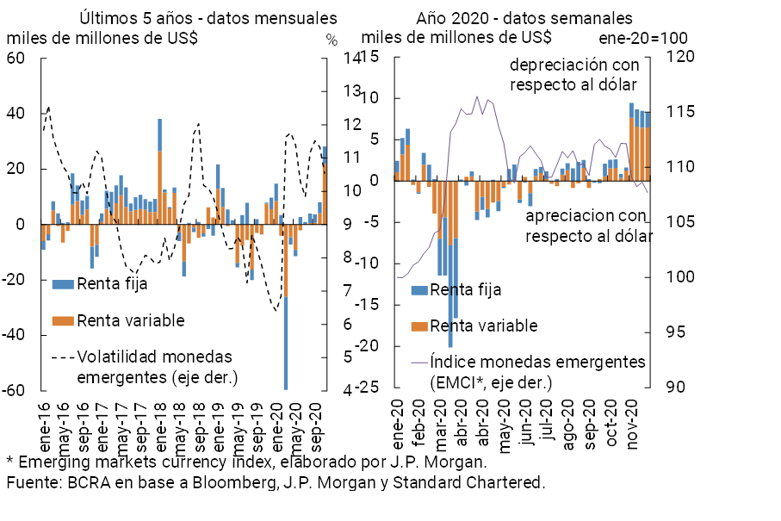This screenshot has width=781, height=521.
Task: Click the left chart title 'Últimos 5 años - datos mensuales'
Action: tap(208, 18)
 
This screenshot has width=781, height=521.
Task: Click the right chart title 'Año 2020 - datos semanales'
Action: tap(524, 18)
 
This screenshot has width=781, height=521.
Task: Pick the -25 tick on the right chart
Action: tap(372, 388)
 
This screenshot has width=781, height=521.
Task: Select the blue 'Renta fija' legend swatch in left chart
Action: tap(62, 283)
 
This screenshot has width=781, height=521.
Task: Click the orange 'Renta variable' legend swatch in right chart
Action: tap(419, 326)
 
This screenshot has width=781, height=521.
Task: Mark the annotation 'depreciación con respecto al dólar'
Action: tap(573, 75)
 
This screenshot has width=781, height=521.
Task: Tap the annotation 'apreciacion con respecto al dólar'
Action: tap(587, 225)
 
